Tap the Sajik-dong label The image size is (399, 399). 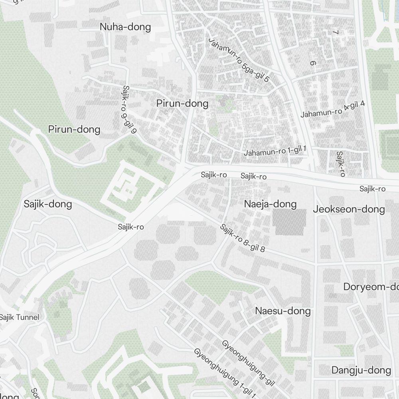[x=48, y=205]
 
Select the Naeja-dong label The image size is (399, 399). [x=270, y=204]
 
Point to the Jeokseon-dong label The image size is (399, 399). [x=349, y=209]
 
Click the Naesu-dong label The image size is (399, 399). [x=283, y=311]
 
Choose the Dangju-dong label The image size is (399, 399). [x=361, y=370]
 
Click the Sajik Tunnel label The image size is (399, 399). [x=20, y=318]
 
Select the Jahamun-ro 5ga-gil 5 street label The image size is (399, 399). [x=239, y=60]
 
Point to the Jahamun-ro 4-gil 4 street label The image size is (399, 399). [x=333, y=109]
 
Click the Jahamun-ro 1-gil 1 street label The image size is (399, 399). [x=275, y=151]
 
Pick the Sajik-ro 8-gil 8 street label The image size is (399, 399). [x=243, y=238]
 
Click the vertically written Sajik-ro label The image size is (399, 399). [x=340, y=164]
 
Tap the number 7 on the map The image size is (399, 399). [x=335, y=33]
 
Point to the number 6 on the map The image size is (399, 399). [x=312, y=63]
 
